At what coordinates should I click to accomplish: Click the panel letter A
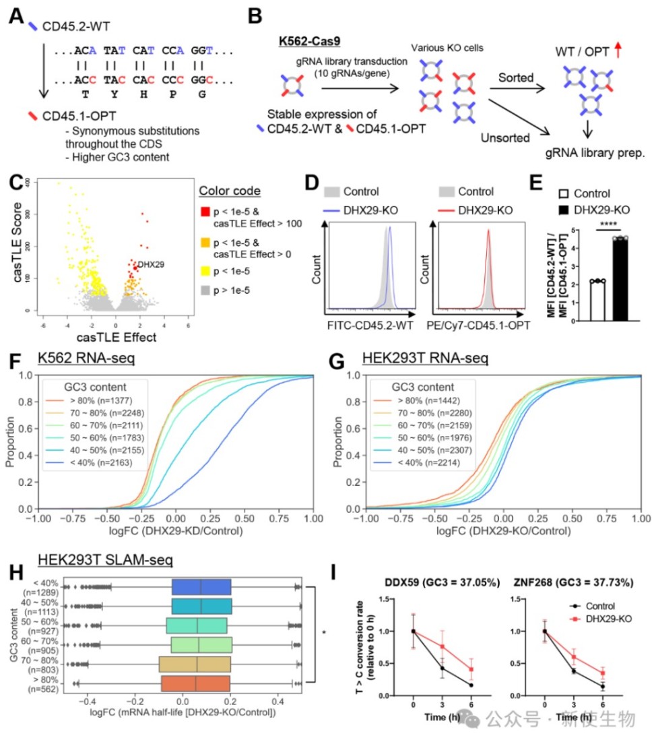(17, 15)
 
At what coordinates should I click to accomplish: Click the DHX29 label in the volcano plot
(150, 265)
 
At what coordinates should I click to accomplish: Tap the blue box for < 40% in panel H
(201, 586)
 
